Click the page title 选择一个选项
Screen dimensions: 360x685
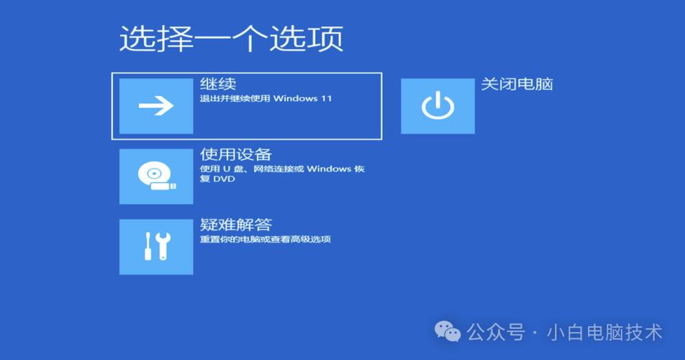(x=231, y=38)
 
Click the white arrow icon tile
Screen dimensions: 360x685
(x=156, y=106)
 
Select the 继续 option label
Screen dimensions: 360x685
(x=218, y=84)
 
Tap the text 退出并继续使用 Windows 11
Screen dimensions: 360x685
(x=266, y=99)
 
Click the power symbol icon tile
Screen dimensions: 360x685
(x=437, y=106)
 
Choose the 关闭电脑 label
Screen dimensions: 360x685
(x=517, y=84)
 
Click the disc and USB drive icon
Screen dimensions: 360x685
(x=156, y=176)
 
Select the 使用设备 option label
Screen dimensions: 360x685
(x=235, y=154)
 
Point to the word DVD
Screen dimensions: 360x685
(x=224, y=179)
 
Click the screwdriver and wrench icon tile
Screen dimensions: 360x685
(x=156, y=247)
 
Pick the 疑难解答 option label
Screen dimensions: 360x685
(x=235, y=225)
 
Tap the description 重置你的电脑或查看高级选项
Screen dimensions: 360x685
(x=265, y=239)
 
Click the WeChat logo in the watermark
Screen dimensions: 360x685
(x=448, y=332)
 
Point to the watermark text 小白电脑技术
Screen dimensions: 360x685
(x=604, y=332)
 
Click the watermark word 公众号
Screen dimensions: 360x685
(x=496, y=332)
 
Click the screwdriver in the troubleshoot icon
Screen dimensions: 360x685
(x=148, y=247)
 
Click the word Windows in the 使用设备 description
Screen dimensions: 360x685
(x=329, y=169)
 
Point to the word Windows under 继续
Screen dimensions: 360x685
(x=295, y=99)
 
